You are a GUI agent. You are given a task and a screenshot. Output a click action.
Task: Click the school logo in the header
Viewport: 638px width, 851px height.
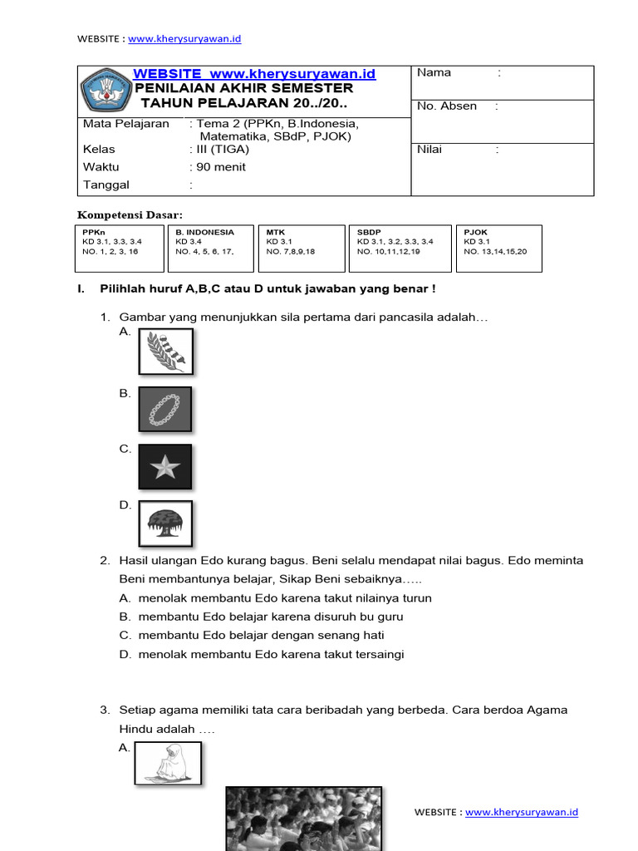(106, 91)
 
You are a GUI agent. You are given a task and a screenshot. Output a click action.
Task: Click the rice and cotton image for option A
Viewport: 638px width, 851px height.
(165, 351)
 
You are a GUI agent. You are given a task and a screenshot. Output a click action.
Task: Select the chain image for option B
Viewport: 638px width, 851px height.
(164, 408)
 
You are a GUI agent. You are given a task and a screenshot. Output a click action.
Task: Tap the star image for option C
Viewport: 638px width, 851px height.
(164, 466)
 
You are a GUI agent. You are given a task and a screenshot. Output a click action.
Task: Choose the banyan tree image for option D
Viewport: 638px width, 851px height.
(164, 524)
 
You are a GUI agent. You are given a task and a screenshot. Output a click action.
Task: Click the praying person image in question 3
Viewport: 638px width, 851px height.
(168, 763)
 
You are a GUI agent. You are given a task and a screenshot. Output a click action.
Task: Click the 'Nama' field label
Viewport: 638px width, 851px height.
(434, 73)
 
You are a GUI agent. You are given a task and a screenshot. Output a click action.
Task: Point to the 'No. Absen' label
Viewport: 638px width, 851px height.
(447, 106)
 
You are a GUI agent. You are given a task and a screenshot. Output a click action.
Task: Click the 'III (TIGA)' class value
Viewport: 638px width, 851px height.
(222, 150)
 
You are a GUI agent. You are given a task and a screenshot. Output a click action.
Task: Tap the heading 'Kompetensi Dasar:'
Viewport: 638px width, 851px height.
(130, 215)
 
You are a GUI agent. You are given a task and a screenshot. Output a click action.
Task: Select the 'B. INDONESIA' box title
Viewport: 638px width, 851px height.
(204, 233)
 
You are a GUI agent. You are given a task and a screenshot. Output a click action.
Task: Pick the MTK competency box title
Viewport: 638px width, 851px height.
(275, 233)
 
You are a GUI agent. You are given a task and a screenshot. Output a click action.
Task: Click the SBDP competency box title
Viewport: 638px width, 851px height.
(369, 233)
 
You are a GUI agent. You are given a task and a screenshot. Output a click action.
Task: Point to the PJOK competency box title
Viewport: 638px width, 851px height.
(475, 233)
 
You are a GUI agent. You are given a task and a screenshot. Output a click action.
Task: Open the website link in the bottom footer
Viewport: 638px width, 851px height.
(521, 813)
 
